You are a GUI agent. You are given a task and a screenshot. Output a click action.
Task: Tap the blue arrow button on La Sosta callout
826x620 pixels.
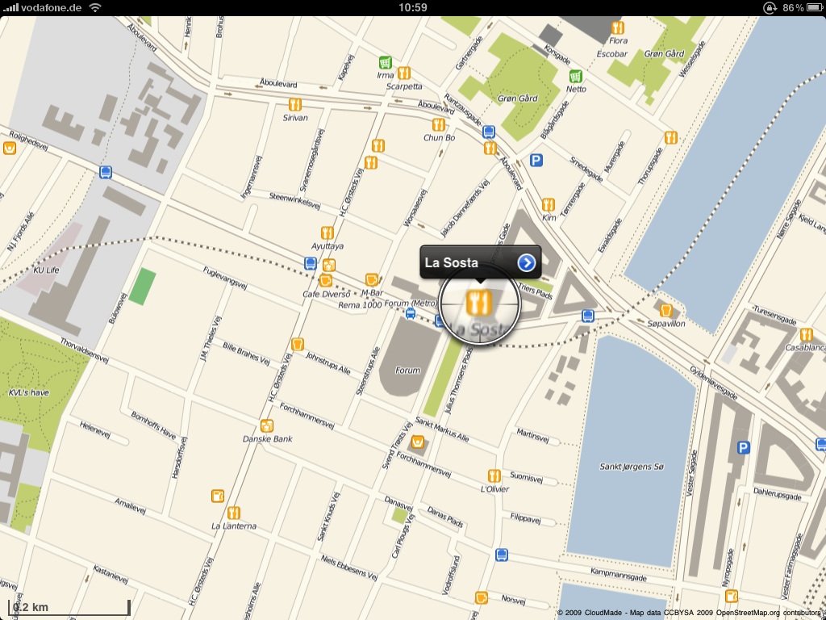click(527, 262)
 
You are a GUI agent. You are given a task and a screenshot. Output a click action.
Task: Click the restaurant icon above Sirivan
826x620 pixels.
click(294, 104)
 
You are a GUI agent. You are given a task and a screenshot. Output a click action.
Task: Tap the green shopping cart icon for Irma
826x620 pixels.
click(386, 62)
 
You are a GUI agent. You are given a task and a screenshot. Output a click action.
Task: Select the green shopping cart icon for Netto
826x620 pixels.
click(575, 76)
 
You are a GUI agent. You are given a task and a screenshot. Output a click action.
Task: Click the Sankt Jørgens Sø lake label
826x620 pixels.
click(632, 467)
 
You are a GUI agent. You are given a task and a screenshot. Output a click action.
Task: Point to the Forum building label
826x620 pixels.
click(407, 371)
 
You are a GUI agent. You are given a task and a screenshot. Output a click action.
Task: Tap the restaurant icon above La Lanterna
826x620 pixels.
click(233, 512)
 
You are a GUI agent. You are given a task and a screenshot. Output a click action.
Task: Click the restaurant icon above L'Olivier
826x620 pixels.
click(494, 476)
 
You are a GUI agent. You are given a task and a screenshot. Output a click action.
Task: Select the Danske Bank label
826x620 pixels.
click(267, 439)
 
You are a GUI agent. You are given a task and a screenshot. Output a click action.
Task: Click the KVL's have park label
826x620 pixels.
click(28, 393)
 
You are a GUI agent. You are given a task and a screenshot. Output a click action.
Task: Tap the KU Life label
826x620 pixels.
click(46, 270)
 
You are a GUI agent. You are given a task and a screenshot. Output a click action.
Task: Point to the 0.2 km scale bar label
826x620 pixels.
click(31, 607)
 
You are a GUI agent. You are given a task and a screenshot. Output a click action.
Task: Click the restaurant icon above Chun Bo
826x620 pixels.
click(439, 124)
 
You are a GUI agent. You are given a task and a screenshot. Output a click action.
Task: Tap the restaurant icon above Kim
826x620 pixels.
click(549, 204)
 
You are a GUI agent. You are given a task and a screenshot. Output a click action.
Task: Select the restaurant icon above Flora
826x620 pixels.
click(618, 27)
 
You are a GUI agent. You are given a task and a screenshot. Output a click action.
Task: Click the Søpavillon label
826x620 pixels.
click(665, 323)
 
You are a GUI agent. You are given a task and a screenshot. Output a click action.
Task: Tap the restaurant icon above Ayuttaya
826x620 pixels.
click(327, 232)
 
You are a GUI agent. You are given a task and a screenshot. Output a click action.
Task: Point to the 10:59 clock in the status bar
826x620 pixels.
click(412, 7)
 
